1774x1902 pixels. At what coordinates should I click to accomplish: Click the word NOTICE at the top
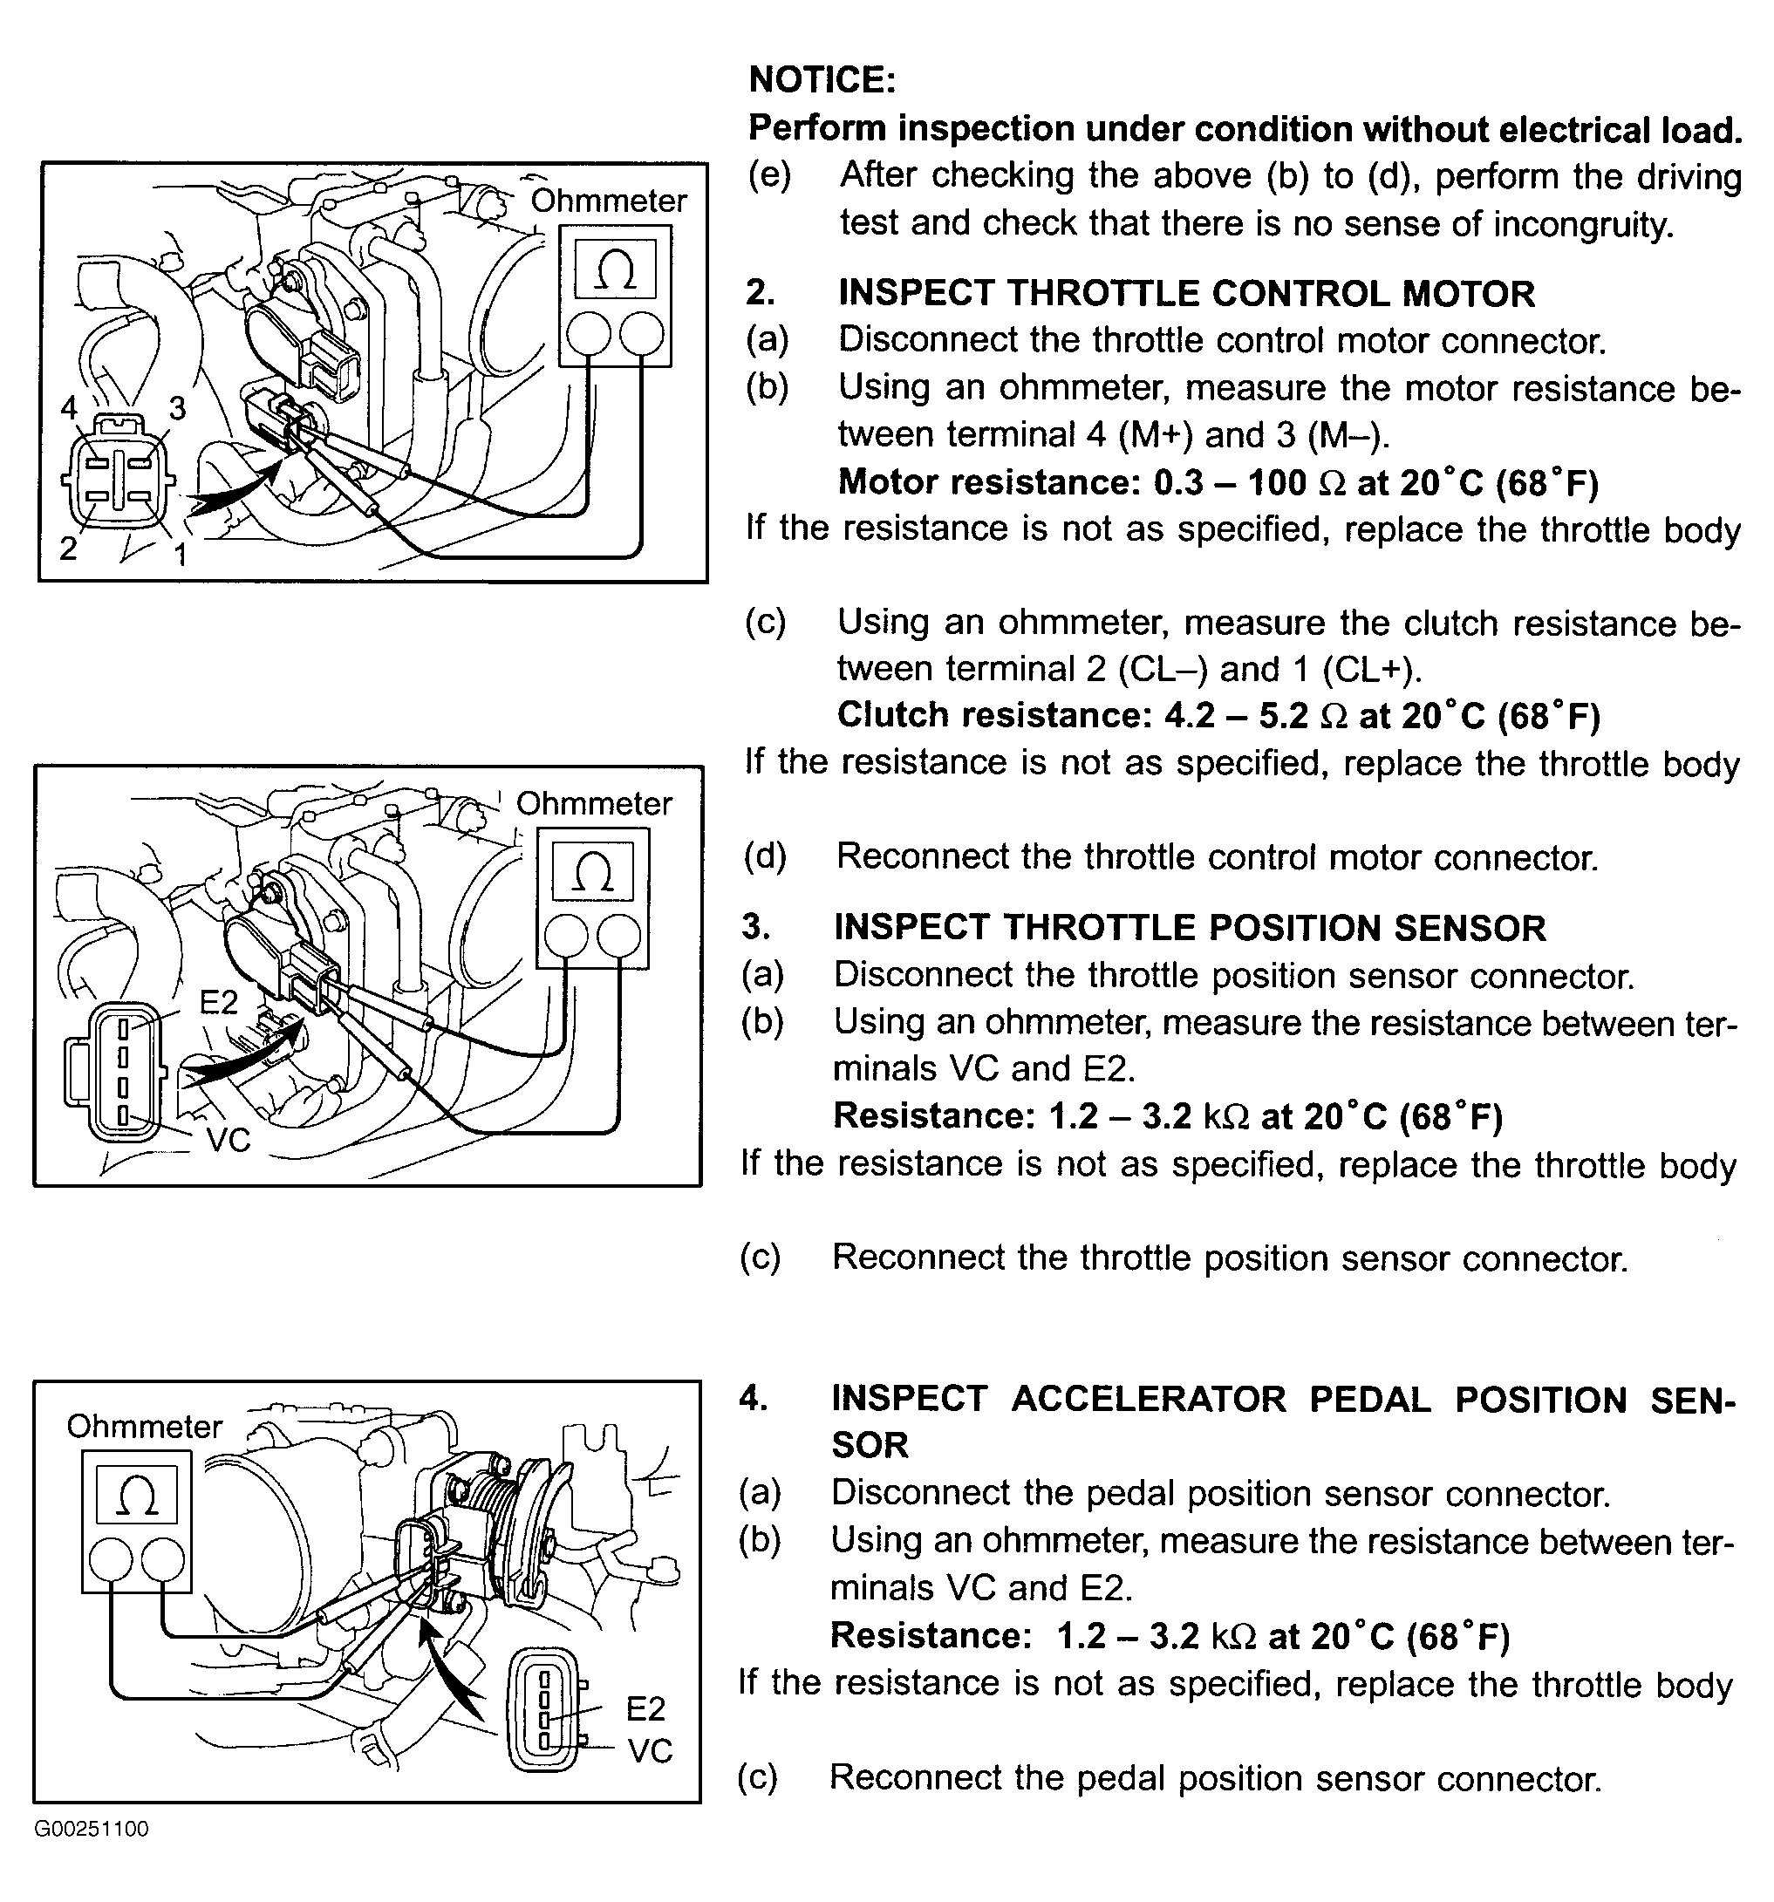coord(821,79)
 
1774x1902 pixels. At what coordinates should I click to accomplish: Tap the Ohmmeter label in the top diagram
coord(609,201)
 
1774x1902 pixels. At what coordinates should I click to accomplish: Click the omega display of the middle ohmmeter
coord(592,871)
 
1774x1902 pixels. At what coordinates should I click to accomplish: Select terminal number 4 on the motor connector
coord(69,407)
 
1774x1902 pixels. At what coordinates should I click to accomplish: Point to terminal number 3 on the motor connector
coord(177,408)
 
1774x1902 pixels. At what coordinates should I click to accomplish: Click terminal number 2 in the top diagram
coord(68,549)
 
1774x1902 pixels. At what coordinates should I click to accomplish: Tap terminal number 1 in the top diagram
coord(180,553)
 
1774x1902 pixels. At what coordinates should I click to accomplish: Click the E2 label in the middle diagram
coord(218,1002)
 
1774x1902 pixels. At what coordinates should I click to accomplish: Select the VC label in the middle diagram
coord(228,1141)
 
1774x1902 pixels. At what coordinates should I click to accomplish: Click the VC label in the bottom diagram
coord(650,1751)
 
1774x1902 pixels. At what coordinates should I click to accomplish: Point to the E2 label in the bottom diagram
coord(645,1708)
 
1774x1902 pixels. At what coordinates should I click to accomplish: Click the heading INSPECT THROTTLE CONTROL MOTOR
coord(1185,294)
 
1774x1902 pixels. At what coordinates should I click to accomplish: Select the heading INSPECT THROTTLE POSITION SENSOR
coord(1190,928)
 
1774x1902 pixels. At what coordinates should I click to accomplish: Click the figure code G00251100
coord(92,1830)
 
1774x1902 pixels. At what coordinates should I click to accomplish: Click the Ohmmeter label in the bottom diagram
coord(145,1427)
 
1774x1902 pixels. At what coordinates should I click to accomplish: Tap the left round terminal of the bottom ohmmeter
coord(111,1560)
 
